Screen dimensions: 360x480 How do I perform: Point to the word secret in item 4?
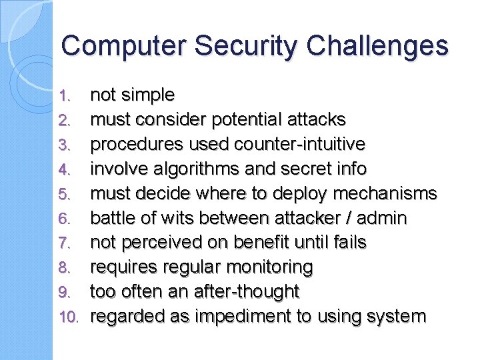[301, 169]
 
